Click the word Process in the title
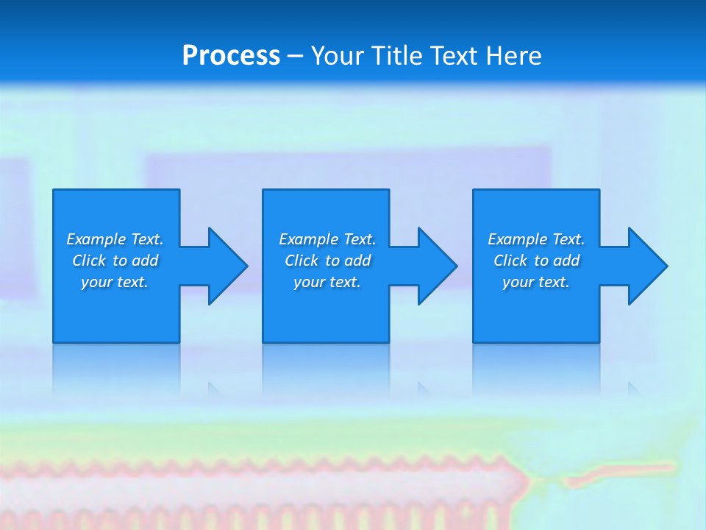231,56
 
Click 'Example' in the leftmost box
96,239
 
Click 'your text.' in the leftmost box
115,282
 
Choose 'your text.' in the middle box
327,282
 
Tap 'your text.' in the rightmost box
536,282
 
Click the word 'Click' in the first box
89,261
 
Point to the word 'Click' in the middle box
302,261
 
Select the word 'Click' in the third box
510,261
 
